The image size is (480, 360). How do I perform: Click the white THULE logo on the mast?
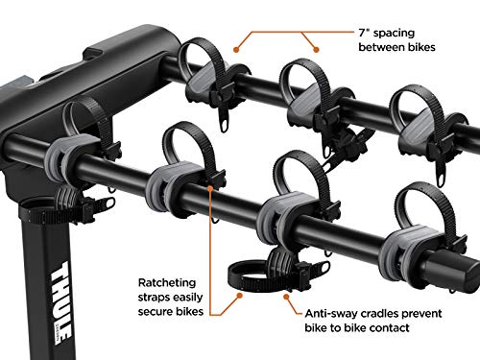point(60,302)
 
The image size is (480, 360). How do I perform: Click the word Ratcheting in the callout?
point(167,283)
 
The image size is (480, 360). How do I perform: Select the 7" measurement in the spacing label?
point(364,33)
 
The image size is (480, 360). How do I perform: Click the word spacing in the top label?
point(395,34)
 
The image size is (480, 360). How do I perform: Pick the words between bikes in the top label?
point(396,47)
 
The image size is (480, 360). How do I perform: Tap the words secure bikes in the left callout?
point(171,311)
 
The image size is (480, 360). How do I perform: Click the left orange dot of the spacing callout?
point(236,50)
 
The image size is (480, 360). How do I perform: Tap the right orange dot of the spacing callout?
point(316,50)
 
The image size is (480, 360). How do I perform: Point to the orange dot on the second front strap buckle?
point(210,188)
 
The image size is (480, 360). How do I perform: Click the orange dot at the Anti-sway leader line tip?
point(286,297)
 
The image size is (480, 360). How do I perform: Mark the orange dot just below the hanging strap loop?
point(239,295)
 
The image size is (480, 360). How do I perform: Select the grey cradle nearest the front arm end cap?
point(406,247)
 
